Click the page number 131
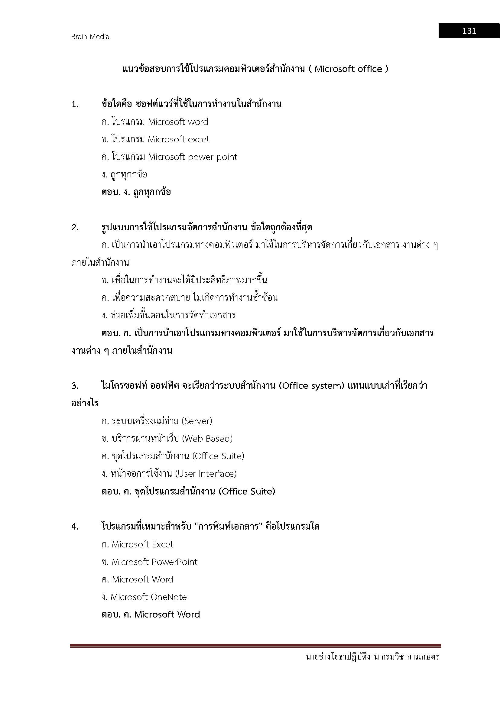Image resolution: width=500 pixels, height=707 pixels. pos(469,31)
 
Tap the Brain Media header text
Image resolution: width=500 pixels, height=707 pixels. pos(90,37)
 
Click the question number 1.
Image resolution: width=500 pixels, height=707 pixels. pos(75,104)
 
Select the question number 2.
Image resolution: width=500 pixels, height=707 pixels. pos(75,228)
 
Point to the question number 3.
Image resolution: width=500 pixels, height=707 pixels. pos(75,386)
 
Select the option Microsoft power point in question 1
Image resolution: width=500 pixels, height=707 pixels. pos(193,157)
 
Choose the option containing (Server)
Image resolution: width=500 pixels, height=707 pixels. pos(157,421)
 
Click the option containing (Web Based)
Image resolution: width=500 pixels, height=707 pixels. pos(167,439)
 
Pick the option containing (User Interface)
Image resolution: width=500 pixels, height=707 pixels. pos(169,474)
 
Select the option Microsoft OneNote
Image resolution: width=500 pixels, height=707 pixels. pos(144,597)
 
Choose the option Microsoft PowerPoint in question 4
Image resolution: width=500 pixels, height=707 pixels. pos(149,562)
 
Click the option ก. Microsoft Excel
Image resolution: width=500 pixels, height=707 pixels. pos(137,544)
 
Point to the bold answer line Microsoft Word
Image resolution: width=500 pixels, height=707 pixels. pos(151,615)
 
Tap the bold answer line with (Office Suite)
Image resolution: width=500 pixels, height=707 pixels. pos(188,491)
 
